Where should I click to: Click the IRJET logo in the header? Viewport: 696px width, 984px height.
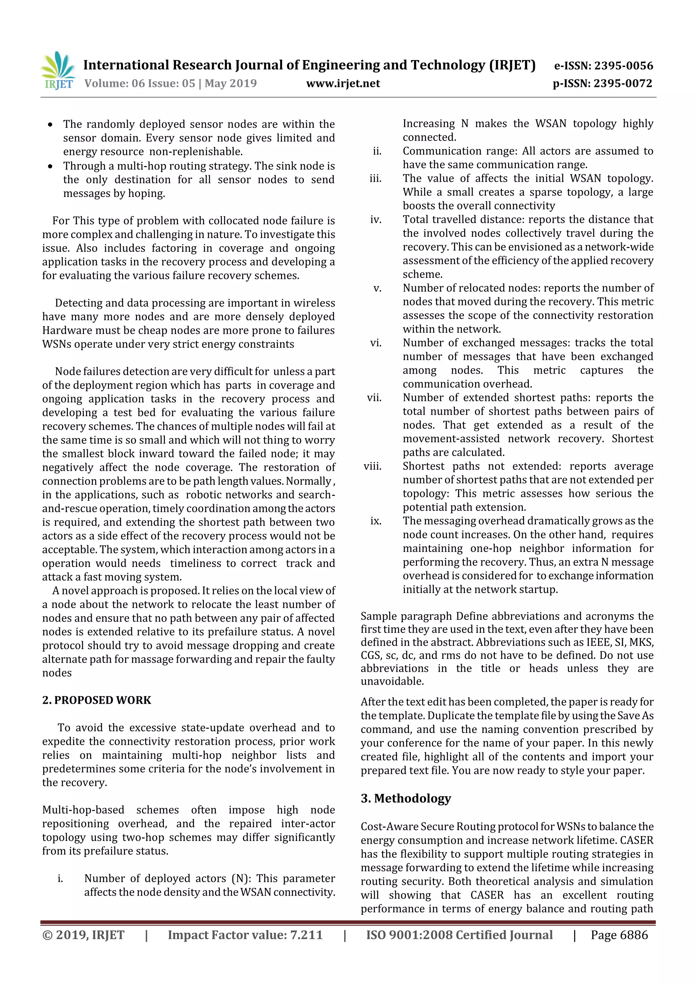(x=59, y=71)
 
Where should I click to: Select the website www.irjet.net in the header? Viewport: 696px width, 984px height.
(x=343, y=83)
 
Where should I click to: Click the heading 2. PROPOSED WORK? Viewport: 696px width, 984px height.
(x=97, y=700)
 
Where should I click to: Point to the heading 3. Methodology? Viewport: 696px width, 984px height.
(x=406, y=798)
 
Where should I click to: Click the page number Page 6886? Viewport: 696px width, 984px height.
(x=619, y=935)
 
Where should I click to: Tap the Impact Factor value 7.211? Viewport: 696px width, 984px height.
(x=306, y=935)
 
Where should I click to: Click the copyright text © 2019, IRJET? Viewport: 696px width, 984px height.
(x=83, y=935)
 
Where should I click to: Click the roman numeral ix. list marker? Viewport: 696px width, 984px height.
(x=376, y=521)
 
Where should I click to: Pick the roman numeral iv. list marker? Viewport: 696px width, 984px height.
(x=376, y=219)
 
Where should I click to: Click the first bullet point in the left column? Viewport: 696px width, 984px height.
(x=51, y=125)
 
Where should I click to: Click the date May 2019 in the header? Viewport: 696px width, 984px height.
(x=231, y=83)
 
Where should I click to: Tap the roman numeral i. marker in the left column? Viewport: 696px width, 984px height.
(x=60, y=878)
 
